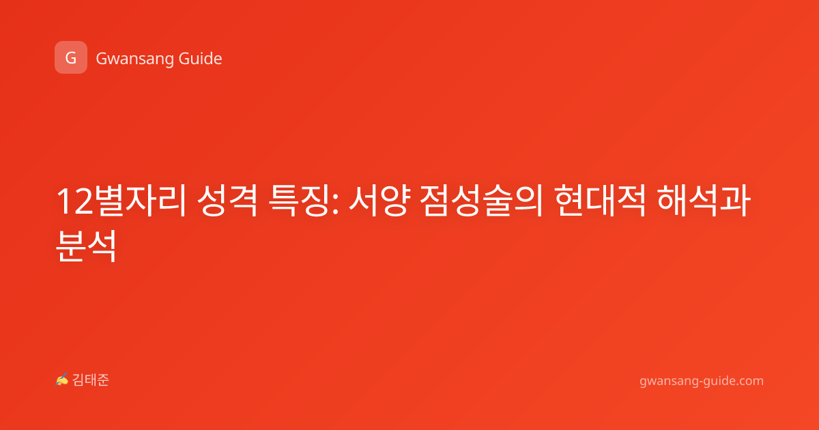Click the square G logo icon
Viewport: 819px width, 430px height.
71,57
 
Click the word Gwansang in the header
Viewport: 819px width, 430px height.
134,59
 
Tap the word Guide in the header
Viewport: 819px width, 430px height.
201,59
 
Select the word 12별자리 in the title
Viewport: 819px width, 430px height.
122,201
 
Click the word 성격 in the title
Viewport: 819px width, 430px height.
228,201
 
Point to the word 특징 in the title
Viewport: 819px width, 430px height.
299,201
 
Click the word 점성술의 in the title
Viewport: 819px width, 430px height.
482,201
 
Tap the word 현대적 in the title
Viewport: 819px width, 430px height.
600,201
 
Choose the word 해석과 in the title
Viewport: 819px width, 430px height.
704,201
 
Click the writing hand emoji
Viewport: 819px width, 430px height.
62,379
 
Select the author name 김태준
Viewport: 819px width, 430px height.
91,380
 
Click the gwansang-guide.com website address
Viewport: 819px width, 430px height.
702,381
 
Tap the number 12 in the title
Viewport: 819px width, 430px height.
75,201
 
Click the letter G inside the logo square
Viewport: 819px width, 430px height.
70,58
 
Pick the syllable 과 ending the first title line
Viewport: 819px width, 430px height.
735,201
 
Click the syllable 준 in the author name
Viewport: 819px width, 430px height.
103,380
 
